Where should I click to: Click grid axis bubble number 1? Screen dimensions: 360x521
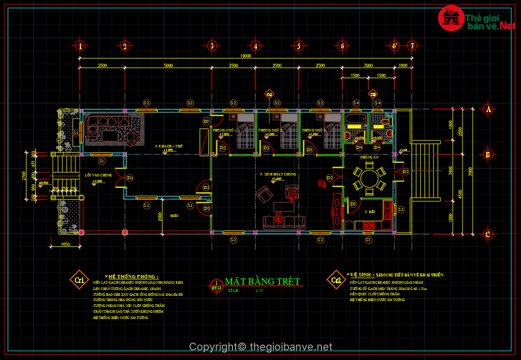[81, 46]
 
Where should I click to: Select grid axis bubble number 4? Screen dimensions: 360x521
[255, 46]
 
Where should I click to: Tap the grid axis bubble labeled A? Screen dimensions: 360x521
[488, 109]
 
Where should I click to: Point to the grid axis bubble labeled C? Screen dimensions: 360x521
[488, 234]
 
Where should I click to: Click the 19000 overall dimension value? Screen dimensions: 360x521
[246, 56]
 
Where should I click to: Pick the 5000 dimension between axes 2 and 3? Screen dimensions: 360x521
[168, 65]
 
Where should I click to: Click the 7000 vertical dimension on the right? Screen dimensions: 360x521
[471, 171]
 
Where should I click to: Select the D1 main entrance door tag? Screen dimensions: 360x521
[130, 178]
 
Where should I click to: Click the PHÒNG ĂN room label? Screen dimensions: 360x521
[369, 158]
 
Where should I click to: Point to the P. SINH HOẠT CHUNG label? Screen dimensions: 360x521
[277, 174]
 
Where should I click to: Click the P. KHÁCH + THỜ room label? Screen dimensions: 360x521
[169, 145]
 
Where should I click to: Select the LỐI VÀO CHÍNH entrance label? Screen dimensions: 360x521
[98, 175]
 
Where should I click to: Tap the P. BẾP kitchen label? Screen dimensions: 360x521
[370, 212]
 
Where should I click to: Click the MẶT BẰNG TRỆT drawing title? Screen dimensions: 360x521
[262, 281]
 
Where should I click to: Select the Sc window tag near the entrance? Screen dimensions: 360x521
[101, 161]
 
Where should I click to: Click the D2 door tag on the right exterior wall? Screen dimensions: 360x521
[406, 172]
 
